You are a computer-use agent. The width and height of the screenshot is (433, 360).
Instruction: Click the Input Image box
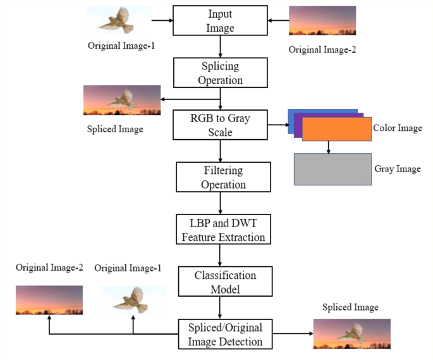219,21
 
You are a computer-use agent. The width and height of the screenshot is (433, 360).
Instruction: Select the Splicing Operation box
219,73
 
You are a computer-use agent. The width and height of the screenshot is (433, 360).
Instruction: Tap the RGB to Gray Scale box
219,124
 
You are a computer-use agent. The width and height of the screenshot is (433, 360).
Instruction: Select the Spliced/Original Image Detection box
224,333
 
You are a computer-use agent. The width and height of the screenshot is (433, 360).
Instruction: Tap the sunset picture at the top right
322,21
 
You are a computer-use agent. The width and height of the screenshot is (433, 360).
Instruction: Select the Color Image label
398,128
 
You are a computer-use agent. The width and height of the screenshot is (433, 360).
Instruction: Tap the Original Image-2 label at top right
322,49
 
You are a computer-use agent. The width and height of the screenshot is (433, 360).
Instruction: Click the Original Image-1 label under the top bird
121,46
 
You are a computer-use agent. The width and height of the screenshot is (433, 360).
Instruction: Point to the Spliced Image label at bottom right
350,307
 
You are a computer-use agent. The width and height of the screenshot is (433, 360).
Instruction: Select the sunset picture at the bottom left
49,300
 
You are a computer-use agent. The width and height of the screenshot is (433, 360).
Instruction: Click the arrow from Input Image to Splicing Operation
219,47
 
